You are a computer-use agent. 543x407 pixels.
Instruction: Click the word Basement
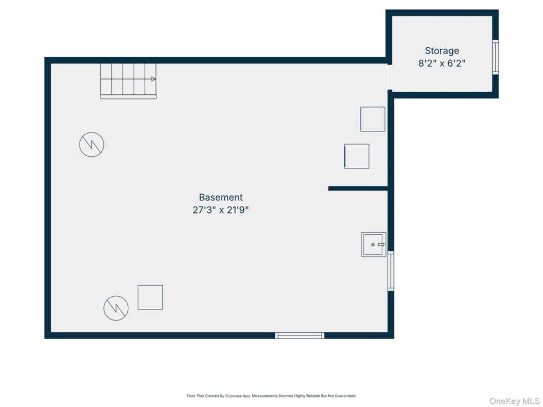pos(221,197)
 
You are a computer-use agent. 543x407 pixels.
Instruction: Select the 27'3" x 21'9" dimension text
pos(221,210)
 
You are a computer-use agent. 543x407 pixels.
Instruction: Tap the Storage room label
pos(442,51)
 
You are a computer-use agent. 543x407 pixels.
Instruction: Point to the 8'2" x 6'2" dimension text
pos(442,64)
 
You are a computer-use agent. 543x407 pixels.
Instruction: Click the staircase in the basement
pos(128,81)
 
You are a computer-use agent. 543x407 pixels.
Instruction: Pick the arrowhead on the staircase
pos(153,79)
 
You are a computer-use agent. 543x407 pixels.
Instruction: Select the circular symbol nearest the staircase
pos(92,144)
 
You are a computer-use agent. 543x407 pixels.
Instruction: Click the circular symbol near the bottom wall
pos(116,308)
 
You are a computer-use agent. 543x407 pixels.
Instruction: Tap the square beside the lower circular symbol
pos(150,297)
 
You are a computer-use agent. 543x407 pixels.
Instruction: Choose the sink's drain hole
pos(373,244)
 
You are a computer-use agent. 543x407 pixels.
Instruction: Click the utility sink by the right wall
pos(374,244)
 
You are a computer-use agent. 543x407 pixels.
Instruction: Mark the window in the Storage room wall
pos(496,57)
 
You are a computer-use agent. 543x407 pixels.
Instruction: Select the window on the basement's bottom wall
pos(300,335)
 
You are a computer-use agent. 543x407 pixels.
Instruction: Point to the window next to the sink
pos(391,271)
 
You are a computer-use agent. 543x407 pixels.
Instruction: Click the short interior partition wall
pos(358,188)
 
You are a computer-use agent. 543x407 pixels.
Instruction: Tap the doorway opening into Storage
pos(390,77)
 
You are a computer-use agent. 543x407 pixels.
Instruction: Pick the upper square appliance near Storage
pos(373,119)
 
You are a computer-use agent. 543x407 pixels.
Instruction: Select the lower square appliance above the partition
pos(357,156)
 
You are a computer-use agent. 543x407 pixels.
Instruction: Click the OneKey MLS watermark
pos(514,401)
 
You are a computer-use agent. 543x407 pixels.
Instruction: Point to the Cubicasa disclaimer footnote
pos(271,395)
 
